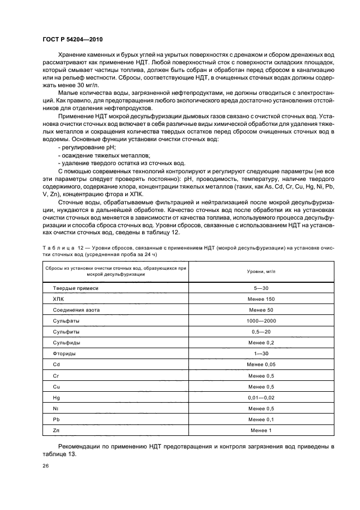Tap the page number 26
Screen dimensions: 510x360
[x=45, y=466]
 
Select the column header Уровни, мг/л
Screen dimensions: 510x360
[x=261, y=271]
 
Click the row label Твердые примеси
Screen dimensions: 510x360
[x=75, y=288]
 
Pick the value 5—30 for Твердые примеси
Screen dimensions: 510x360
[x=261, y=288]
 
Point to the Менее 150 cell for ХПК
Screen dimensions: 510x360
[x=261, y=299]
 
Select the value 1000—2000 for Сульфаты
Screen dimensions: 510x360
[x=261, y=321]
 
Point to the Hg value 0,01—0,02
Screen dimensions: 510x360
[x=261, y=398]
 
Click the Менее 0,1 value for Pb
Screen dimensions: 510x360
[x=261, y=419]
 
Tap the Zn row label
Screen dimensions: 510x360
[x=56, y=430]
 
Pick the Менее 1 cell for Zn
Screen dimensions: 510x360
[x=261, y=430]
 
